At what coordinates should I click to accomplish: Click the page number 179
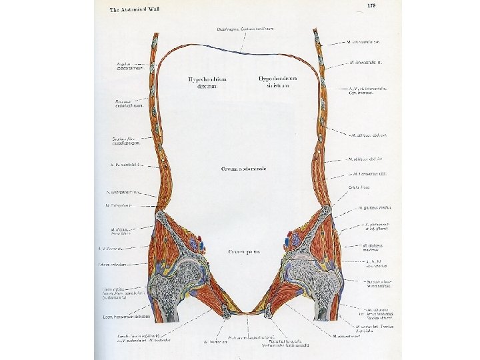pos(371,6)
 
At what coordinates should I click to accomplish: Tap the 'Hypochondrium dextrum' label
pos(207,82)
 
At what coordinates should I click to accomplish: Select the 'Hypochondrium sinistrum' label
pos(277,81)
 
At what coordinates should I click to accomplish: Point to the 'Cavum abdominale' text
pos(243,169)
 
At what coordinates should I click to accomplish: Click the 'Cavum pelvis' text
pos(244,252)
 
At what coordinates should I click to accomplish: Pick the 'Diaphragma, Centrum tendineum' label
pos(245,29)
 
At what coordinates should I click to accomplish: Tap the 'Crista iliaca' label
pos(359,188)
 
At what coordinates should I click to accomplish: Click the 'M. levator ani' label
pos(211,342)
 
